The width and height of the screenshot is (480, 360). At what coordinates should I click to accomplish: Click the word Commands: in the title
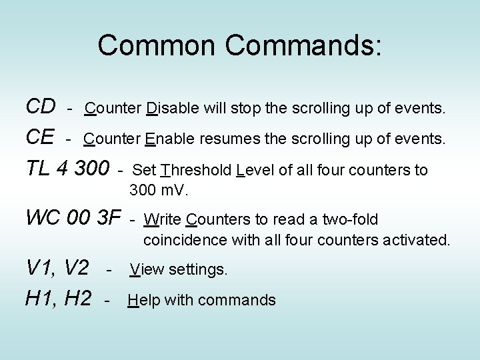coord(303,45)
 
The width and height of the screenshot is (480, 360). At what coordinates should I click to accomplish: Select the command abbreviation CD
coord(40,106)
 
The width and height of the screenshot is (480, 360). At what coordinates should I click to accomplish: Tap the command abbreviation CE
coord(40,138)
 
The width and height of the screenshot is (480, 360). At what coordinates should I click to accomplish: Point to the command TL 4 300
coord(67,169)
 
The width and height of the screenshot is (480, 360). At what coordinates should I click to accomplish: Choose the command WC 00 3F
coord(73,217)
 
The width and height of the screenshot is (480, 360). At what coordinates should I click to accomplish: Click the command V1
coord(41,268)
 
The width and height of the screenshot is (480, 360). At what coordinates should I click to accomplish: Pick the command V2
coord(77,268)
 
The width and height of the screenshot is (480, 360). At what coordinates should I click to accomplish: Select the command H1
coord(41,299)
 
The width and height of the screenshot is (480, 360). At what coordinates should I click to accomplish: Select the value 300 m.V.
coord(159,191)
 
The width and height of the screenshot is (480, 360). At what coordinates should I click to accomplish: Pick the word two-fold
coord(351,219)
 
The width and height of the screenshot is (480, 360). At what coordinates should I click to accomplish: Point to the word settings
coord(199,269)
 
